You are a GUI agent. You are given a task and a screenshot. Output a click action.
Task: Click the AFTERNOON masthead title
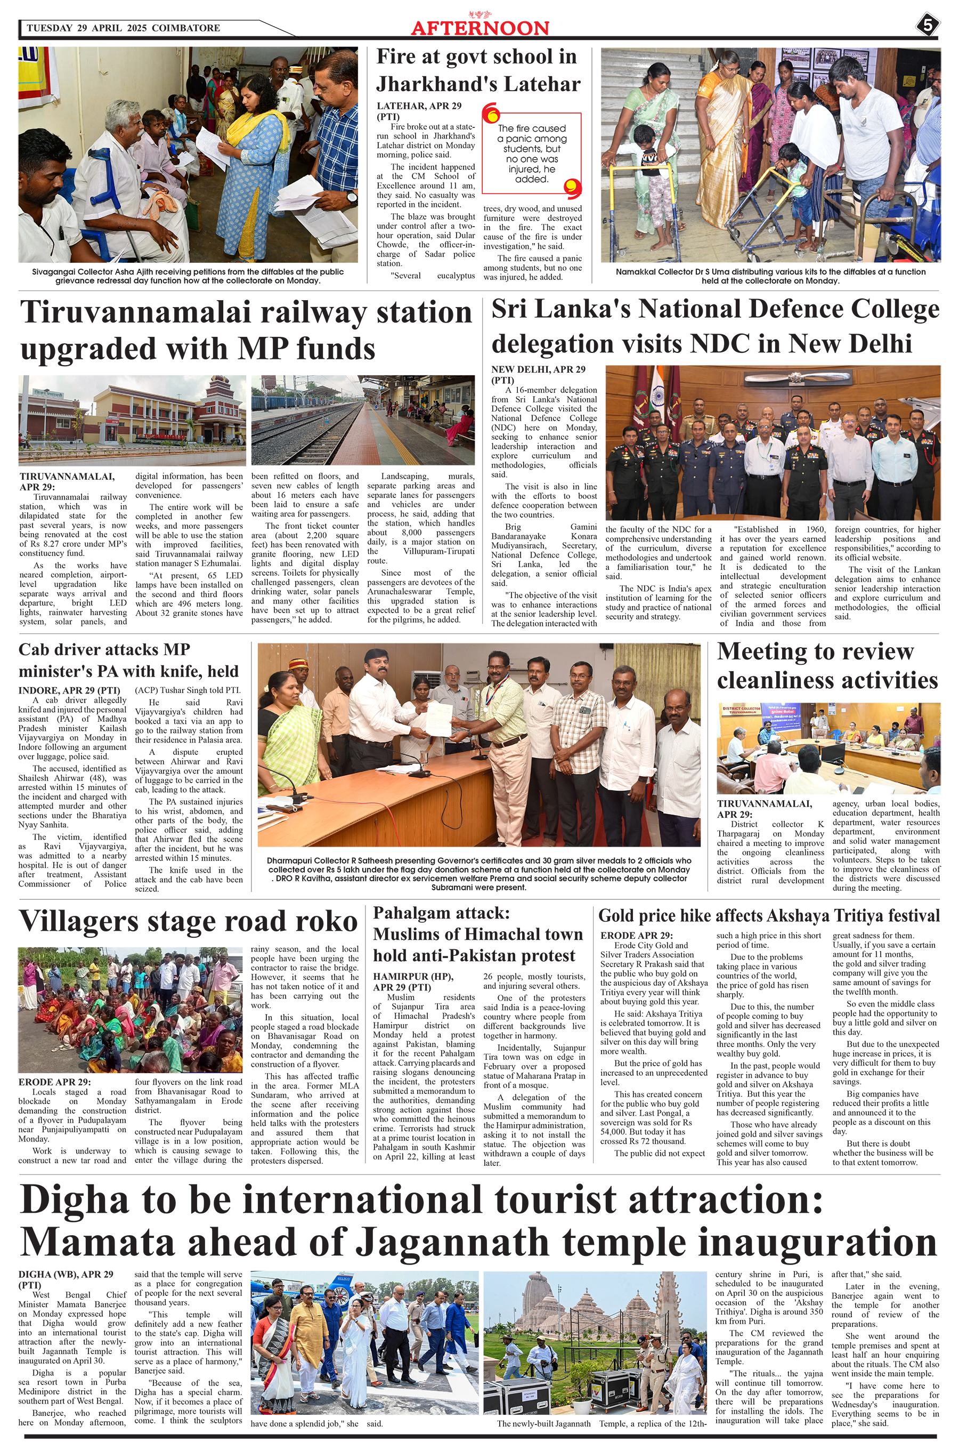(479, 28)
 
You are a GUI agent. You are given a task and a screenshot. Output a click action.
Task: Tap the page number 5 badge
(927, 26)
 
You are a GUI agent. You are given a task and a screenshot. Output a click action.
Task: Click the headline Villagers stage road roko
(188, 921)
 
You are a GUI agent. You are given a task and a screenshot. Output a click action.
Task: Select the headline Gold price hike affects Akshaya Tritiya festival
(768, 915)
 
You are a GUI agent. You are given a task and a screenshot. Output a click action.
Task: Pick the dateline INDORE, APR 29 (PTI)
(69, 690)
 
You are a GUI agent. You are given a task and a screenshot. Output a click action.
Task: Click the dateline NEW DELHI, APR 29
(538, 369)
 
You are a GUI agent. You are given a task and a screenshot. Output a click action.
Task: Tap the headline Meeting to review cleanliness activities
(827, 665)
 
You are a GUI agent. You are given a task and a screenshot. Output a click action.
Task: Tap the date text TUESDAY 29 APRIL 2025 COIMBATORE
(123, 28)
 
